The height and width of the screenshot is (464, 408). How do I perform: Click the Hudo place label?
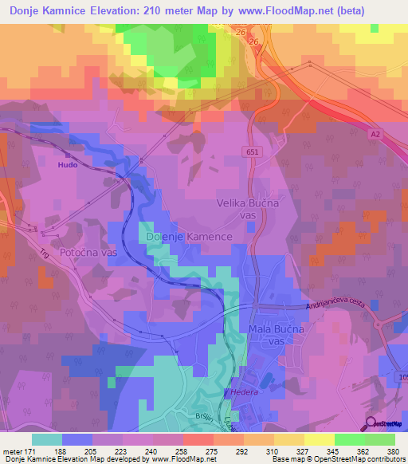point(68,164)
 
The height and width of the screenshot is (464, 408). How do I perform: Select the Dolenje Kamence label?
point(190,237)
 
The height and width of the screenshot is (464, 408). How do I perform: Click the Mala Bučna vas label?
point(276,335)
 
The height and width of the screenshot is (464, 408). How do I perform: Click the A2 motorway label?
point(375,136)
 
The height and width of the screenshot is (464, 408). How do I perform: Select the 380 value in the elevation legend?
point(394,452)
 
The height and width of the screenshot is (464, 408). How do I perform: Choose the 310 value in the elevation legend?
point(274,452)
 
